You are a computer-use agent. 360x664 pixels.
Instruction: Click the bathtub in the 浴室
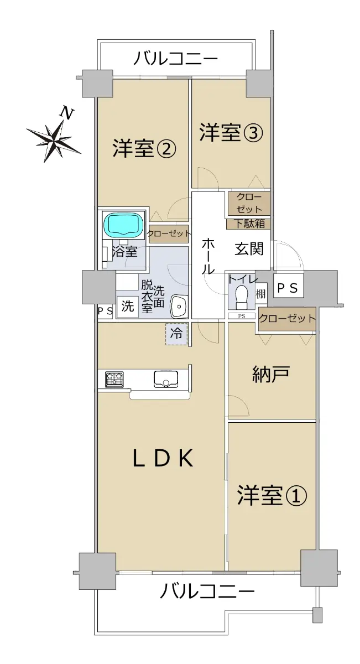[123, 225]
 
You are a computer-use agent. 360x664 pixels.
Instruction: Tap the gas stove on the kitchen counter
[114, 380]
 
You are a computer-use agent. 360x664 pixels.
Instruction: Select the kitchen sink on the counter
[166, 379]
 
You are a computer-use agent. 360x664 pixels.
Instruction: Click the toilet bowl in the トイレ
[242, 297]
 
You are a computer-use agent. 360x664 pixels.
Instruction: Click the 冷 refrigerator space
[176, 334]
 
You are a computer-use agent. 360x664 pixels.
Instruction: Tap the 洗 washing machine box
[127, 307]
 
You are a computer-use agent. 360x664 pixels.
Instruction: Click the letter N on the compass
[67, 113]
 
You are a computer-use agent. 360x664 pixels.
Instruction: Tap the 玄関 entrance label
[249, 248]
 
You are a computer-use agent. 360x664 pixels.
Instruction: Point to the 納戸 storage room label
[271, 374]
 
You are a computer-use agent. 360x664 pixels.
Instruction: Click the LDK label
[163, 458]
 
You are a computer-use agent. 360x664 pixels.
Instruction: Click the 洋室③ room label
[231, 133]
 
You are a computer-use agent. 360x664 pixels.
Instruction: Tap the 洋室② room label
[144, 148]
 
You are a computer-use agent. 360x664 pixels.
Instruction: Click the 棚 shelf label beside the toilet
[261, 294]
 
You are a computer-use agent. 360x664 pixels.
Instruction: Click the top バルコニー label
[176, 58]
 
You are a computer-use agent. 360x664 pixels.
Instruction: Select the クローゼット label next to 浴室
[169, 234]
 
